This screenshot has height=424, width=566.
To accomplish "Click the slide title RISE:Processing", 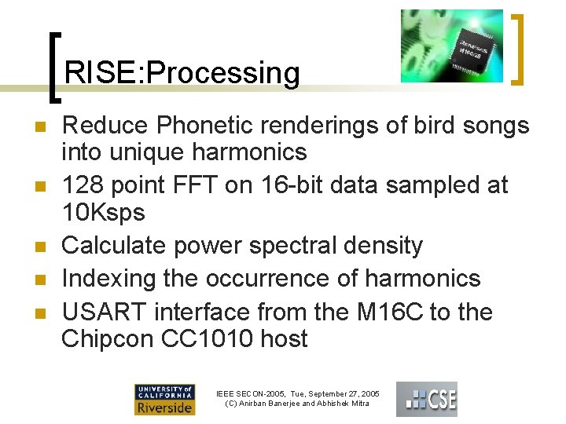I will point(182,73).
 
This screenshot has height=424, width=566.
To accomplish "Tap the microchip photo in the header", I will point(451,46).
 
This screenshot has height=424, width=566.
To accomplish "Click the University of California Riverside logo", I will point(165,400).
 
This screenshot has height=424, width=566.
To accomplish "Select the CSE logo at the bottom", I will point(426,399).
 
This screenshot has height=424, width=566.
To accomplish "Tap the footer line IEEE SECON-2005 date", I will point(297,393).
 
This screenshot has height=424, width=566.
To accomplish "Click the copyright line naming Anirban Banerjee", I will point(297,404).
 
